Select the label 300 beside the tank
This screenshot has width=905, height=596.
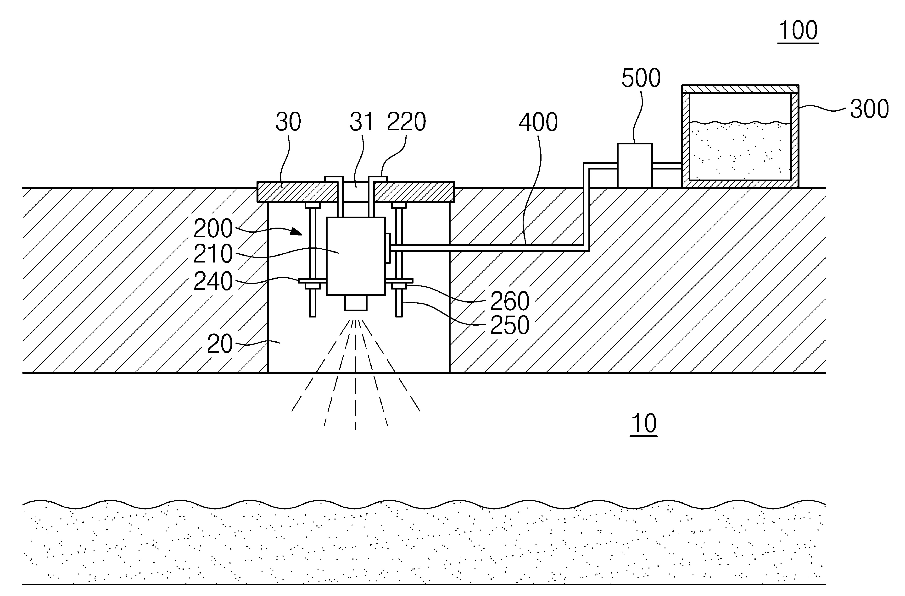[x=869, y=109]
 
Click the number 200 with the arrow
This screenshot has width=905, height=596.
[x=213, y=229]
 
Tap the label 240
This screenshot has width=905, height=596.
[x=213, y=282]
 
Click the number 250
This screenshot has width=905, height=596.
[x=509, y=325]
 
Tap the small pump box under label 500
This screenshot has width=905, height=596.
[x=634, y=165]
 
